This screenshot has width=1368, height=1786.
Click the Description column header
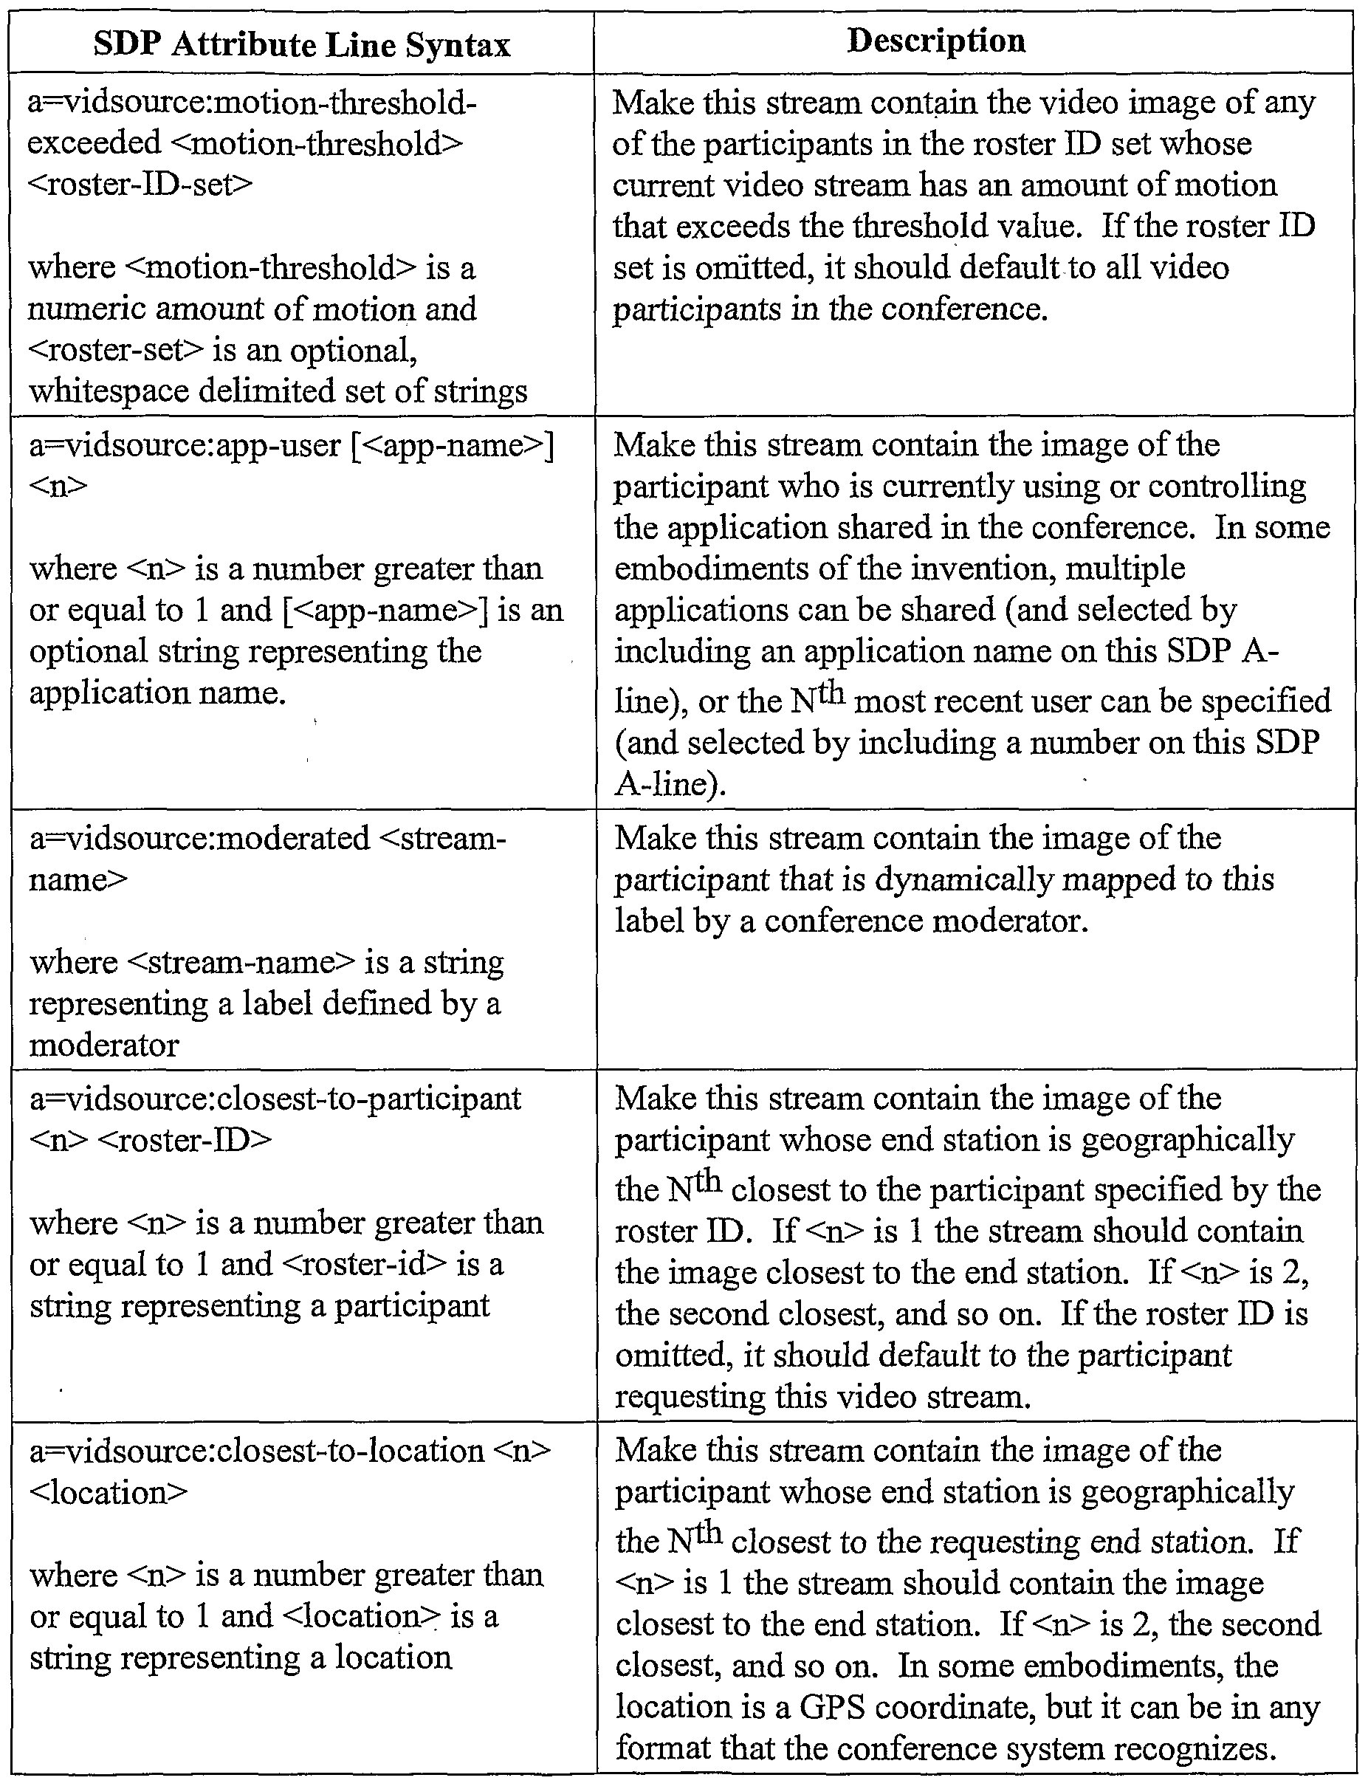point(935,41)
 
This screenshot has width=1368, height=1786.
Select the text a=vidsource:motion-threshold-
point(252,103)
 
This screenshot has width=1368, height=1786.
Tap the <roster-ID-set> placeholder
point(140,184)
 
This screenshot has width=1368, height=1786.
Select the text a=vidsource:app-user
point(185,445)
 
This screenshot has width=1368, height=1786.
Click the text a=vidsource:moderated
point(199,839)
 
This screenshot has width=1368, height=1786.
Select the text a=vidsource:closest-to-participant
point(275,1099)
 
